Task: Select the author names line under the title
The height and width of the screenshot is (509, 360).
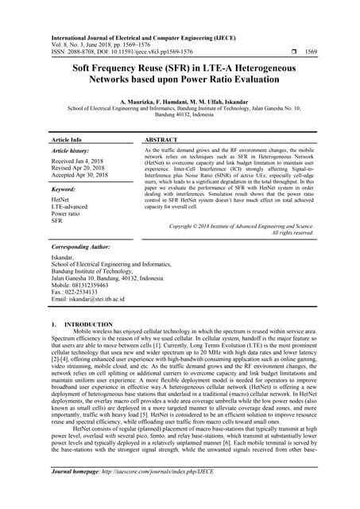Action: pyautogui.click(x=180, y=103)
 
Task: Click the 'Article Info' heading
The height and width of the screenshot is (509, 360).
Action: pyautogui.click(x=66, y=139)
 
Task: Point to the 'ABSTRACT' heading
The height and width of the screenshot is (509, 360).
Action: pyautogui.click(x=161, y=139)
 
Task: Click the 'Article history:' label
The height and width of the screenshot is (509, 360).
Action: pyautogui.click(x=71, y=150)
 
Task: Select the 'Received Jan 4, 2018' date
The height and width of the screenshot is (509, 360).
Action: pyautogui.click(x=79, y=161)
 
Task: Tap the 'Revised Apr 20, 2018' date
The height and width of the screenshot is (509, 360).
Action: pyautogui.click(x=80, y=169)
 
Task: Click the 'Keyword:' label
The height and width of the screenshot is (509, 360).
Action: pyautogui.click(x=63, y=191)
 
